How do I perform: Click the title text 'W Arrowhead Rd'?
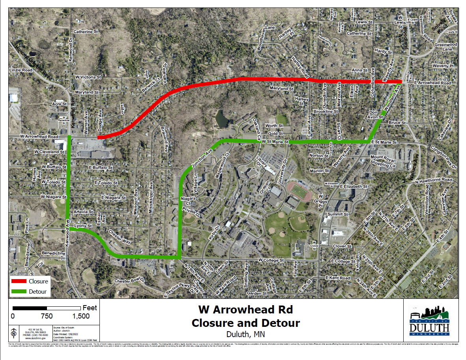245,309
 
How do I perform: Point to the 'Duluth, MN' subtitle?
245,334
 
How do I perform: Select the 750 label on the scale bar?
47,316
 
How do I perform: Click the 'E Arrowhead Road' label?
432,83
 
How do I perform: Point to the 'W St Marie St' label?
275,142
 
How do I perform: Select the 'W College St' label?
271,261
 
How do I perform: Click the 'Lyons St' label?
83,226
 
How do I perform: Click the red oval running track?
299,191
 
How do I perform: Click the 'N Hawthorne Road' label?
433,180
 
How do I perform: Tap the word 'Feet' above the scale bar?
90,308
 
